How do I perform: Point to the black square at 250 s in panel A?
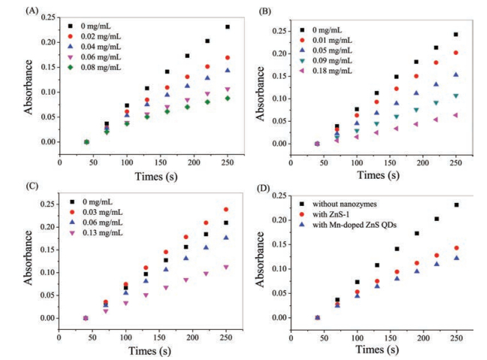[x=228, y=27]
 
